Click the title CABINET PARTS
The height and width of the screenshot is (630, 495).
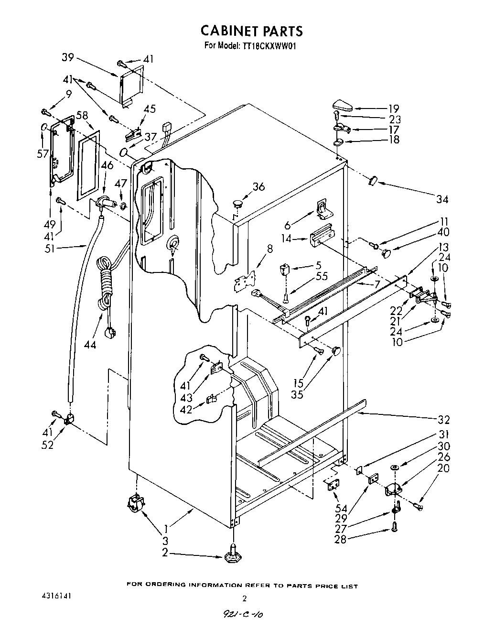(251, 31)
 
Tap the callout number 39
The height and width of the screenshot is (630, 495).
(68, 57)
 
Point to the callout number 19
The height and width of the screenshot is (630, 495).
(394, 109)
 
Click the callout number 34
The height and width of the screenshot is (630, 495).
(441, 199)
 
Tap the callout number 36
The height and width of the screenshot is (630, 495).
(258, 187)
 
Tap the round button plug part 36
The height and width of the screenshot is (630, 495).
(237, 204)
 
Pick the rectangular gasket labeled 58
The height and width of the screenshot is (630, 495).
(89, 163)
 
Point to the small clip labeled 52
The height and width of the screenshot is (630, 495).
(68, 420)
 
